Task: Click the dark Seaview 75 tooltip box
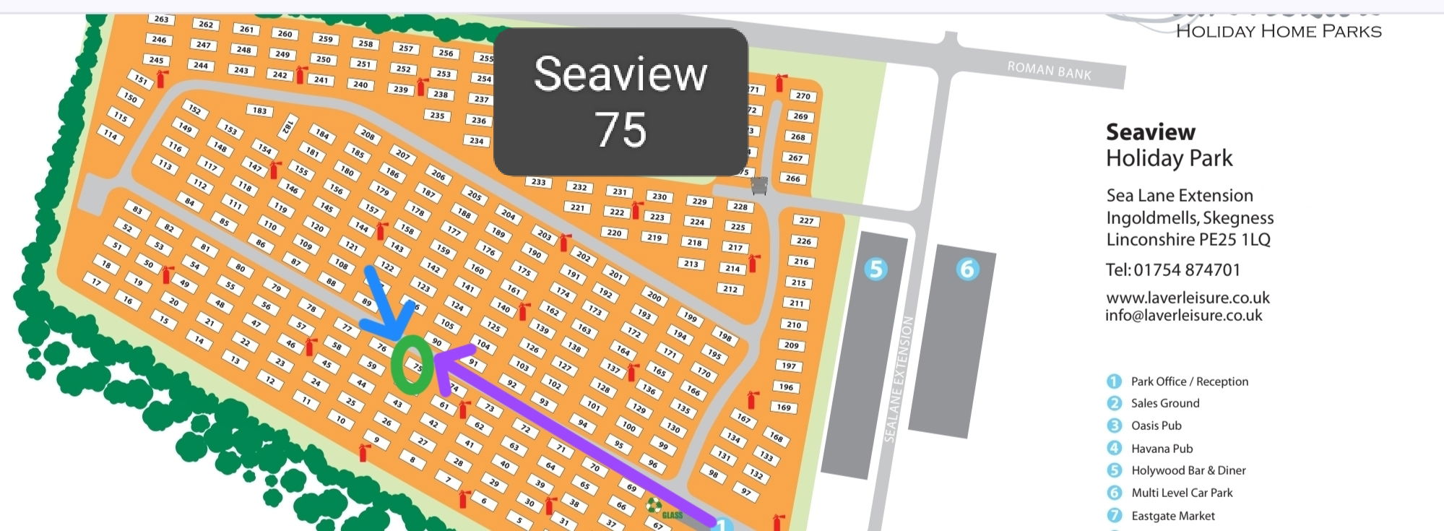(621, 101)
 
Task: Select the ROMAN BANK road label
(1049, 71)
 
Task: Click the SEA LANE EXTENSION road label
(899, 379)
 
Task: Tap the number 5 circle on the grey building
(876, 269)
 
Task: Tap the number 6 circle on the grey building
(967, 269)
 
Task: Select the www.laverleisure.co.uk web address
(1188, 298)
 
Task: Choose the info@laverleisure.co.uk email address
(1183, 316)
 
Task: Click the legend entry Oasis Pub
(1156, 426)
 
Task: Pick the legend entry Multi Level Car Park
(1181, 493)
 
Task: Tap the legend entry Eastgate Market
(1172, 516)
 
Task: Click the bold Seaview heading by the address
(1150, 132)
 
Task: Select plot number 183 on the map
(259, 111)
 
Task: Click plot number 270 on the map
(803, 95)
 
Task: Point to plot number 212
(730, 289)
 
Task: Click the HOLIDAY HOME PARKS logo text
(1278, 31)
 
